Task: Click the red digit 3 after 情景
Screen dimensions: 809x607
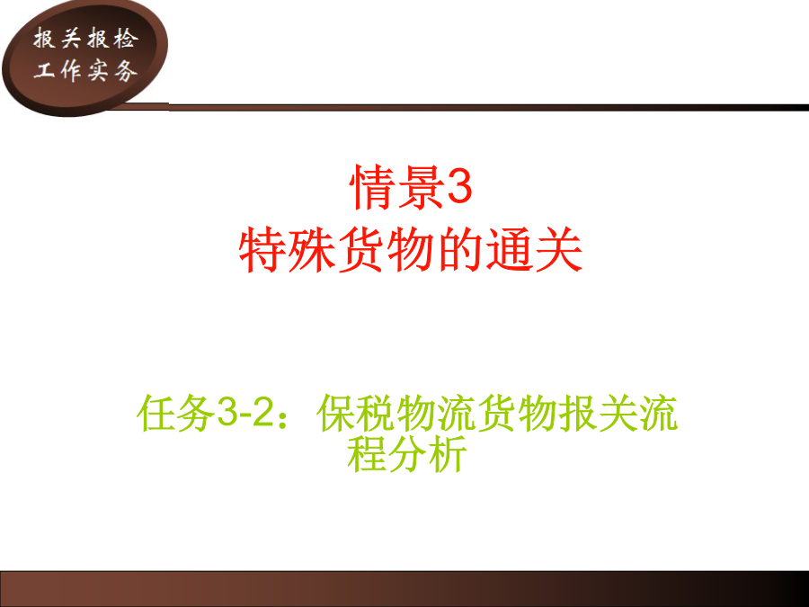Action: click(x=458, y=187)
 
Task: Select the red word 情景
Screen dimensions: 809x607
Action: click(x=396, y=187)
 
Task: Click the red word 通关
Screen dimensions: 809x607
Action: click(x=535, y=249)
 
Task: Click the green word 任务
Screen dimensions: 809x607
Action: click(x=176, y=413)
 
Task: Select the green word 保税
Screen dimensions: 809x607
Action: click(x=357, y=413)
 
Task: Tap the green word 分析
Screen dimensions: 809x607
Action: click(x=427, y=453)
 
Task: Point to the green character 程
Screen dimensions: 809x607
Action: click(x=367, y=453)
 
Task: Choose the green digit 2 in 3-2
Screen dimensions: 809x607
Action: click(x=262, y=413)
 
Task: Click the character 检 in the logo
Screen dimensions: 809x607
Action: click(x=124, y=39)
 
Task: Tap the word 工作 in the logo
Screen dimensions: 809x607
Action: click(x=58, y=70)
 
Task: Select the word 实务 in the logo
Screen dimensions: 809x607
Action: click(x=111, y=70)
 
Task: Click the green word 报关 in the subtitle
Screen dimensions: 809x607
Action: click(x=599, y=413)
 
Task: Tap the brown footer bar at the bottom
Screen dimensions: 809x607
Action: click(x=404, y=588)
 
